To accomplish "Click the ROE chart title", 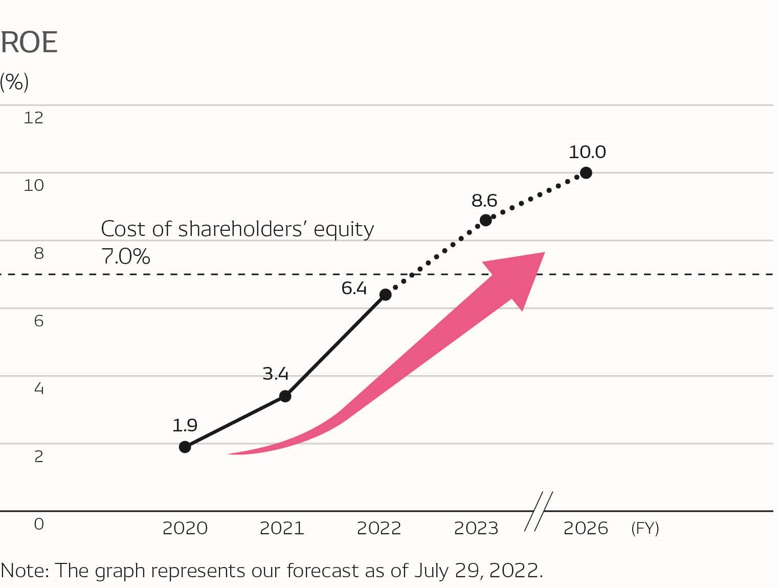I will click(29, 42).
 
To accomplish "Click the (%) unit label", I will click(14, 82).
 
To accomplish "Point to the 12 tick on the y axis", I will click(34, 118).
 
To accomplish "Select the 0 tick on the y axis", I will click(39, 524).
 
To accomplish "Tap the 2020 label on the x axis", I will click(185, 528).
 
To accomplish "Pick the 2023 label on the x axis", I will click(476, 528).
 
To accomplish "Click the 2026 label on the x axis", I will click(586, 528).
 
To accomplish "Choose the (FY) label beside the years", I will click(645, 528).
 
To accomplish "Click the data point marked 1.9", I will click(185, 447).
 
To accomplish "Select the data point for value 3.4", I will click(285, 396).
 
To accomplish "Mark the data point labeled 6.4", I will click(386, 295).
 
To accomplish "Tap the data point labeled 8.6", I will click(486, 221).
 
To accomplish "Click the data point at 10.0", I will click(586, 173).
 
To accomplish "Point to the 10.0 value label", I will click(587, 152).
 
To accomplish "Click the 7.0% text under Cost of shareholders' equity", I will click(126, 256).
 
